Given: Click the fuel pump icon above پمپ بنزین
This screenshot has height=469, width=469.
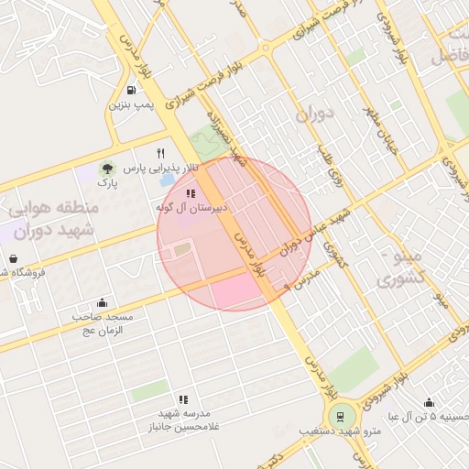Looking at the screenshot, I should pos(132,91).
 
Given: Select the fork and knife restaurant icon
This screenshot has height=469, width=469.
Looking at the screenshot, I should pos(161,153).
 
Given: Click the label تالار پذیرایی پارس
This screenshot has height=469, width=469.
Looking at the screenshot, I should pos(161,169).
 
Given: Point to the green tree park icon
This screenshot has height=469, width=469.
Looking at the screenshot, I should pos(108,169).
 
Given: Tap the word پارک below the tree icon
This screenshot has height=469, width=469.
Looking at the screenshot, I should pos(108,184).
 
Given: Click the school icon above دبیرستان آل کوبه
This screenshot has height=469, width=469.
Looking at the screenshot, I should pos(191,193).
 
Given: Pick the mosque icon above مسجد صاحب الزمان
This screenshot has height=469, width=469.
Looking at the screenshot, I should pos(102,303).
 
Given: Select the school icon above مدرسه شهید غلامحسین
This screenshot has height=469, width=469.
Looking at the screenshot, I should pos(183,399).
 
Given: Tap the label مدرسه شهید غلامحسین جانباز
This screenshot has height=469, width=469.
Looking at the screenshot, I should pos(183,421).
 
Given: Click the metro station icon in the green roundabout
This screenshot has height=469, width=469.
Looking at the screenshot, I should pos(341,417).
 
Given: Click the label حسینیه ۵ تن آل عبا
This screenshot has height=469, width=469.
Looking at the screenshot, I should pos(431,418).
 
